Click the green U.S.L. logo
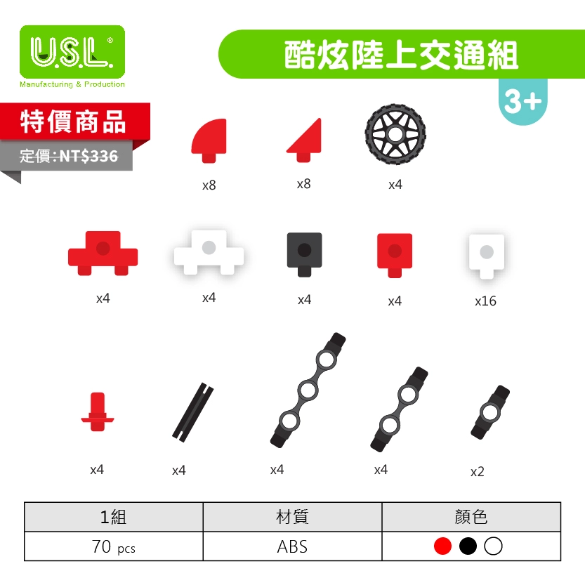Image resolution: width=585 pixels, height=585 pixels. coord(72,52)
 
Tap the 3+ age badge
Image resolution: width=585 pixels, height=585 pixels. coord(523,103)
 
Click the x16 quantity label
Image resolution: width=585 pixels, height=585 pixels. coord(485,301)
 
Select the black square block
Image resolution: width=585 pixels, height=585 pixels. coord(304,252)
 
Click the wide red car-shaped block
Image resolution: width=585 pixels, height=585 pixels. coord(103,251)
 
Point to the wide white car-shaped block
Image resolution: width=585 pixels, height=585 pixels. coord(209,251)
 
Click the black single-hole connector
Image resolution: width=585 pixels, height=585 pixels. coord(490,411)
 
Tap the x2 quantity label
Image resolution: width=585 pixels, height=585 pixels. coord(478,472)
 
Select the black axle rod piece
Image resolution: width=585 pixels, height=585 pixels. coord(193,412)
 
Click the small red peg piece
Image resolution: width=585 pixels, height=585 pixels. coord(97,413)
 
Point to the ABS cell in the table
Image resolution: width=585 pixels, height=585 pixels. coord(292,546)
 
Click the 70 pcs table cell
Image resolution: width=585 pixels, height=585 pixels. coord(113,546)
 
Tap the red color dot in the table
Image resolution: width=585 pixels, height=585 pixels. coord(442,546)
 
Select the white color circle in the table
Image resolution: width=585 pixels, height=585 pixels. coord(493,546)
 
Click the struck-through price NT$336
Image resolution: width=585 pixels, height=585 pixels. coord(88,157)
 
